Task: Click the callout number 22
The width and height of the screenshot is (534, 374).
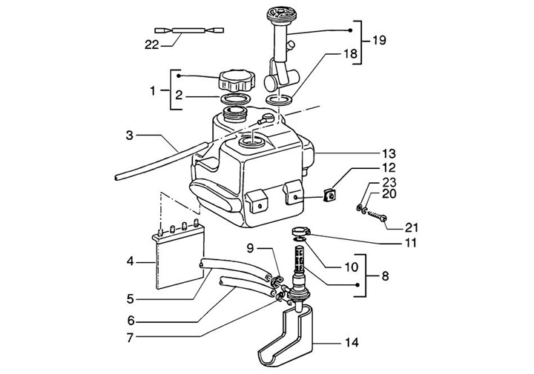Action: [151, 44]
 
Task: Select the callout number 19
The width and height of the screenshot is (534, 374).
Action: [379, 41]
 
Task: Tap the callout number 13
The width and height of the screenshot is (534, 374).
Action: [389, 154]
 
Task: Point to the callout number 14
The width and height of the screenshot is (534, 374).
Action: [352, 343]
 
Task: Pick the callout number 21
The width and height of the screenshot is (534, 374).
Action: [411, 227]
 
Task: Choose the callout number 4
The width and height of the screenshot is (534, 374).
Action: [130, 262]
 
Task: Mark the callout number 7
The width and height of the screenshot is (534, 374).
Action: [130, 338]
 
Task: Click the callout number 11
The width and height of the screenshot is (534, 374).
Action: [410, 243]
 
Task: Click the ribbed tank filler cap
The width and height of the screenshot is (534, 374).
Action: [237, 81]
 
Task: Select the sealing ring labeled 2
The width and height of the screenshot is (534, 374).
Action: [237, 99]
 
